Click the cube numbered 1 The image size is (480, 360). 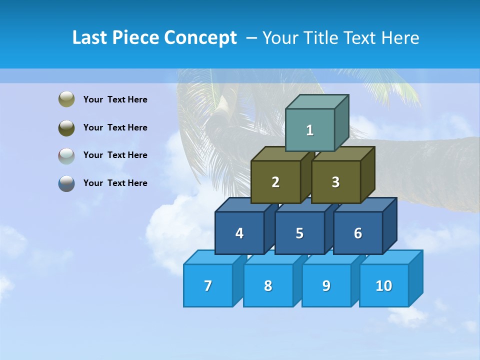click(310, 130)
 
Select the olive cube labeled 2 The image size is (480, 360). click(275, 182)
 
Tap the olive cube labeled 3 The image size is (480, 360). click(335, 182)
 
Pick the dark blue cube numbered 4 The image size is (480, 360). click(239, 233)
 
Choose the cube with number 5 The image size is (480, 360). click(299, 233)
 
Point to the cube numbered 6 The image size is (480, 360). click(358, 233)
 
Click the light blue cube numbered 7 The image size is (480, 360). click(208, 285)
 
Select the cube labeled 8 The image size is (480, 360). click(268, 285)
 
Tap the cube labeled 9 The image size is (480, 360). click(326, 285)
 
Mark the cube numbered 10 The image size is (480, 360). click(383, 285)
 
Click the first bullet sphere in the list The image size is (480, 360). click(66, 99)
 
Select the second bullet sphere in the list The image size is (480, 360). click(66, 127)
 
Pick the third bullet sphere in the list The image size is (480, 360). click(66, 155)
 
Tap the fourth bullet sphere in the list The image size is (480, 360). click(66, 183)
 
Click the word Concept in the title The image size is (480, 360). click(200, 38)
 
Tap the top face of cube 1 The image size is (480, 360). click(317, 101)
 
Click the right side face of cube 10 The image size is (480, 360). click(415, 278)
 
